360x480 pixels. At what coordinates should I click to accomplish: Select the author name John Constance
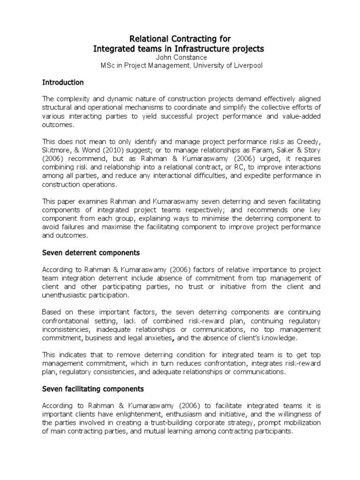[180, 57]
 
